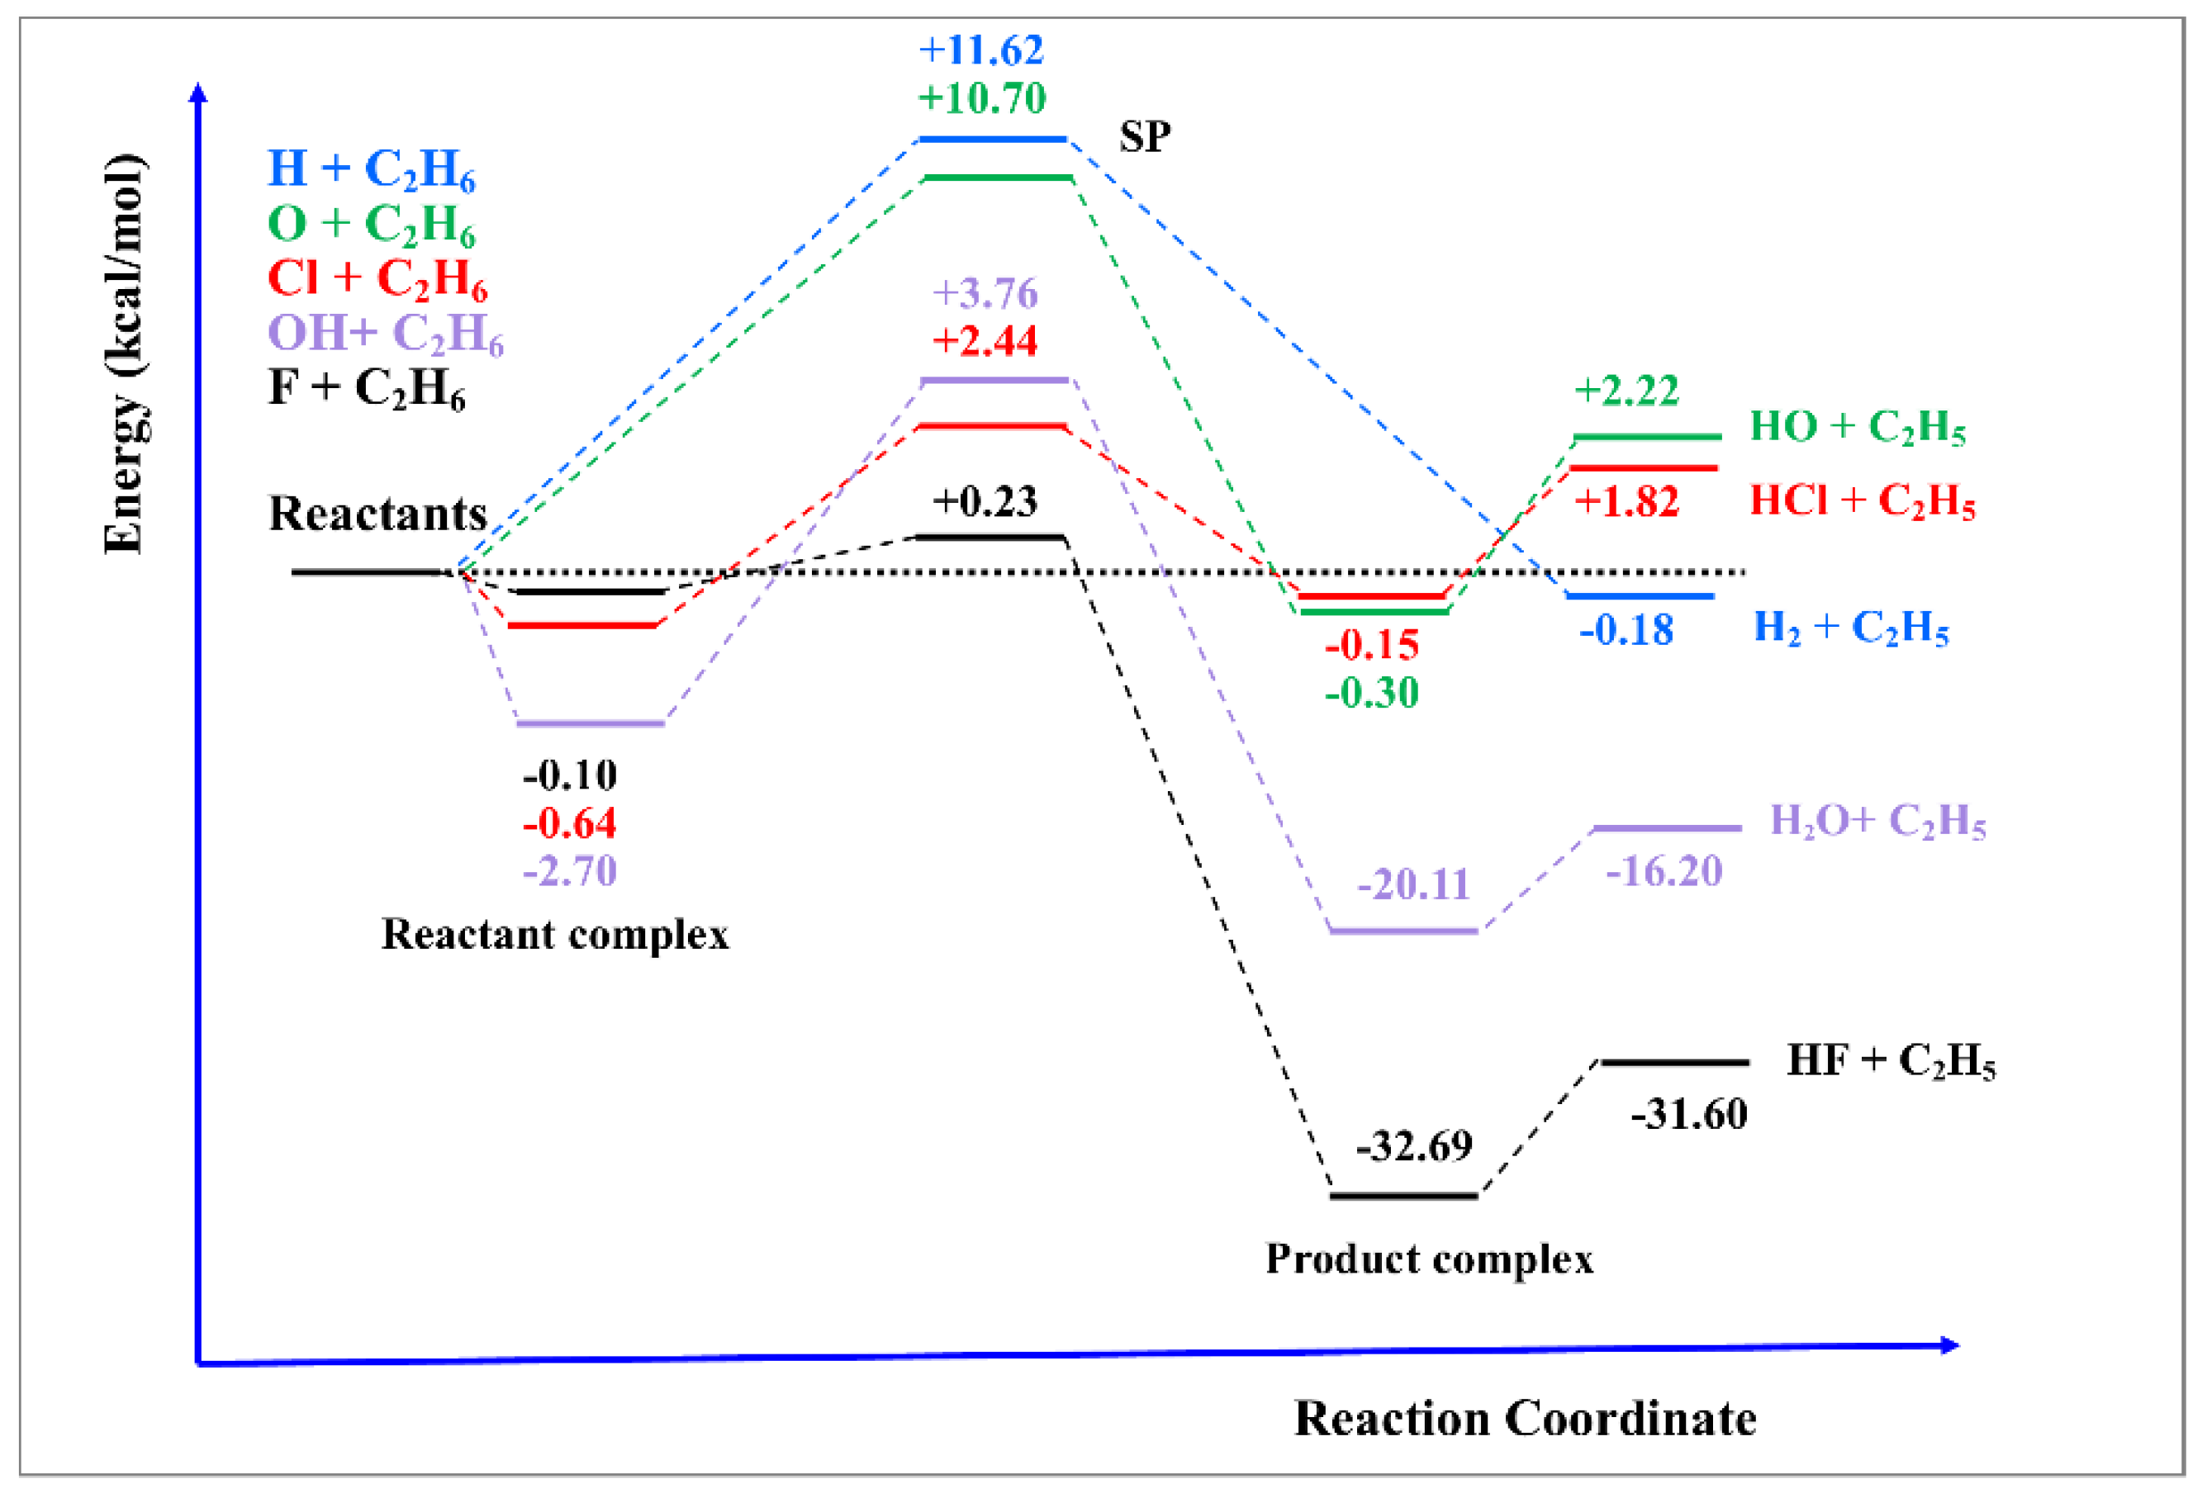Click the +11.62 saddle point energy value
(981, 50)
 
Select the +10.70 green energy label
(981, 97)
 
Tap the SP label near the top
(1144, 138)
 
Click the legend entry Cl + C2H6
(377, 279)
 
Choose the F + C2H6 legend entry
(367, 388)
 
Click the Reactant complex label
(554, 934)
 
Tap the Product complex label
(1429, 1259)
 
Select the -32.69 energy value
(1414, 1146)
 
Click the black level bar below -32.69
(1403, 1196)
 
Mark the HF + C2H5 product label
(1891, 1061)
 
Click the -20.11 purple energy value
(1413, 884)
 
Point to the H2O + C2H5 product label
(1877, 821)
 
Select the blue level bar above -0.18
(1640, 596)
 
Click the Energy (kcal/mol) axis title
(125, 353)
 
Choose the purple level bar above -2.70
(590, 723)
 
